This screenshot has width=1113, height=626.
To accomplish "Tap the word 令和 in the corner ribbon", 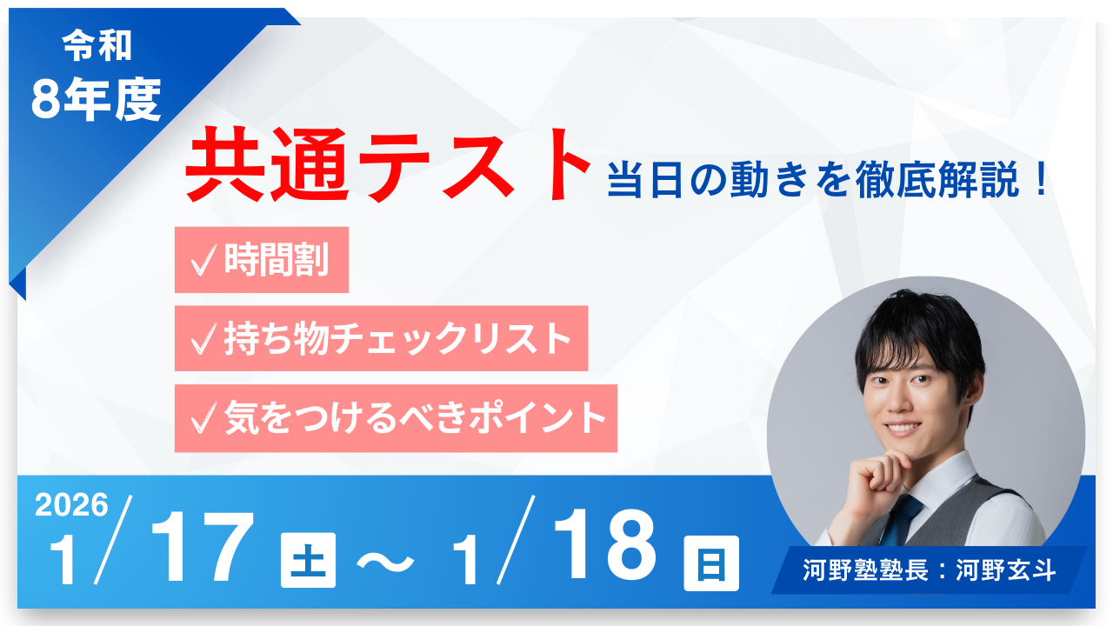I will [x=97, y=47].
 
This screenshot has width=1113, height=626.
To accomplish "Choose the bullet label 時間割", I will [x=277, y=259].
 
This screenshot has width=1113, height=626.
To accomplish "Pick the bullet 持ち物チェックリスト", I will [x=397, y=338].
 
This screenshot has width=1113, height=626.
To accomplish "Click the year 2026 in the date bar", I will [x=71, y=505].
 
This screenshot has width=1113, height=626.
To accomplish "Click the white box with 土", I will [x=308, y=562].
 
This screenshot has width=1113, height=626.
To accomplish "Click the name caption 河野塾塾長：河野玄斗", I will [x=929, y=571].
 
